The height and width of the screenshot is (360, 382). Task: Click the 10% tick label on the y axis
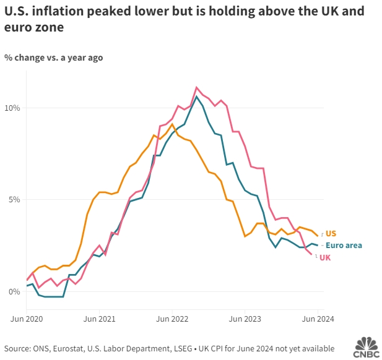(x=12, y=108)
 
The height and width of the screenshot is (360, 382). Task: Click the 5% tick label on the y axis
(x=14, y=200)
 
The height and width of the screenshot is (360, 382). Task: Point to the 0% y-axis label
(x=14, y=291)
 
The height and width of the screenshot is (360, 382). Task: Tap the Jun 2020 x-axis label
(x=27, y=319)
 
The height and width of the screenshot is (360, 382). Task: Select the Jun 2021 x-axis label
(x=100, y=319)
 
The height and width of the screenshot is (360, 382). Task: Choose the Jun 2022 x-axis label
(x=172, y=319)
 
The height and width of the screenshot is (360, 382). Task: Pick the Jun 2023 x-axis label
(x=245, y=319)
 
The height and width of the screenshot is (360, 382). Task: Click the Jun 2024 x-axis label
(x=318, y=319)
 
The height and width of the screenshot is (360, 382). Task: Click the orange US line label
(x=331, y=234)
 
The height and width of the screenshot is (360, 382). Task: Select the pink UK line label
(x=325, y=257)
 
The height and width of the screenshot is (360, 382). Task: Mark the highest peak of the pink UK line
(x=196, y=87)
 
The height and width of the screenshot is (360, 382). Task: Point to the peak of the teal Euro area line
(x=196, y=96)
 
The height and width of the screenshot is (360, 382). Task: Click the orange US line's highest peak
(x=172, y=124)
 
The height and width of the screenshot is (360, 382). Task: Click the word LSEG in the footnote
(x=182, y=347)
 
